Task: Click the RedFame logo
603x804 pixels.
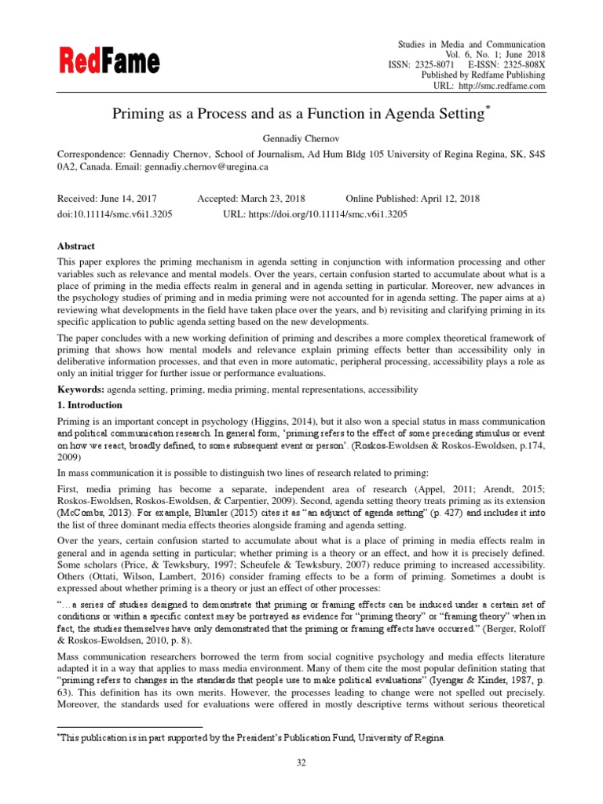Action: pos(108,60)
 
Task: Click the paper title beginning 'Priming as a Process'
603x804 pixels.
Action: pos(301,115)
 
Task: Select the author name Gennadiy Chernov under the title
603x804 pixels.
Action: pos(301,138)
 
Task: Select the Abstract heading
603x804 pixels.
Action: pos(79,245)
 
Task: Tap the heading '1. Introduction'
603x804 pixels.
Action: pos(90,405)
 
